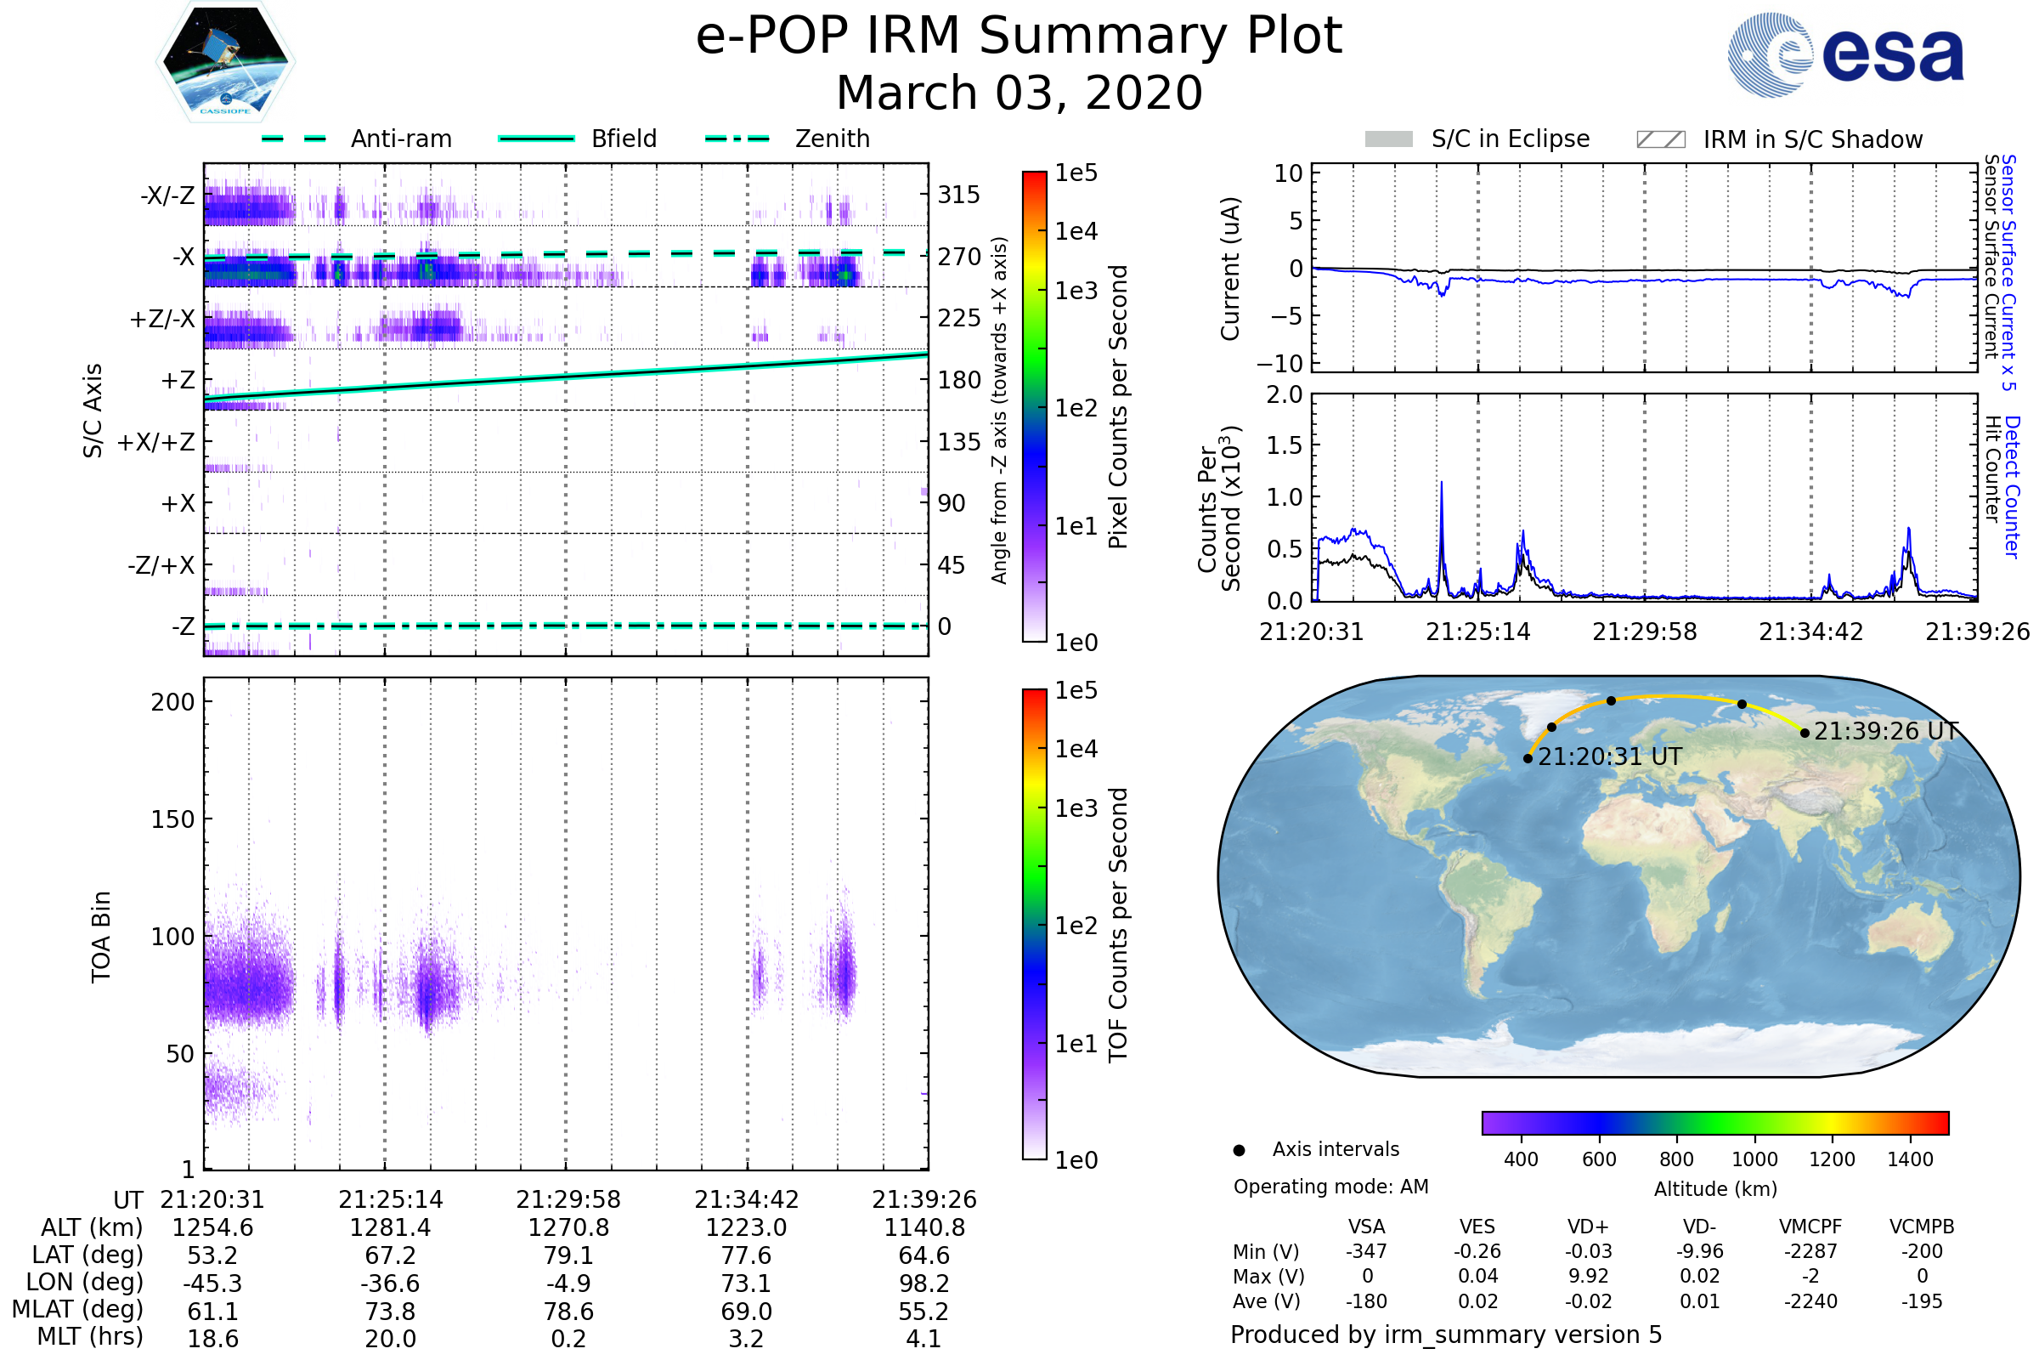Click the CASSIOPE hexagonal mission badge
(x=225, y=61)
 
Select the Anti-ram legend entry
(x=357, y=139)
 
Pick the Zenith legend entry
(x=788, y=139)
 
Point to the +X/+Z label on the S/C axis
(x=156, y=442)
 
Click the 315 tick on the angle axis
(x=959, y=195)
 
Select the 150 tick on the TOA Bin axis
(x=172, y=819)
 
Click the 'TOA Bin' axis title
(x=101, y=937)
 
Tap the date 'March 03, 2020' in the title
(x=1019, y=93)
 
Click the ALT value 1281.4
(x=390, y=1227)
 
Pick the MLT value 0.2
(x=568, y=1338)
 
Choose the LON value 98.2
(x=924, y=1283)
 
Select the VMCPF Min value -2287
(x=1810, y=1251)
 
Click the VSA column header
(x=1366, y=1227)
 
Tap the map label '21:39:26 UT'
(x=1886, y=731)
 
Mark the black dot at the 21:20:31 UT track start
(x=1528, y=758)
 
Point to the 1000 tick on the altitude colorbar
(x=1754, y=1159)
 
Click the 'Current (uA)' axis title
(x=1230, y=269)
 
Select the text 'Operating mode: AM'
(x=1330, y=1187)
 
